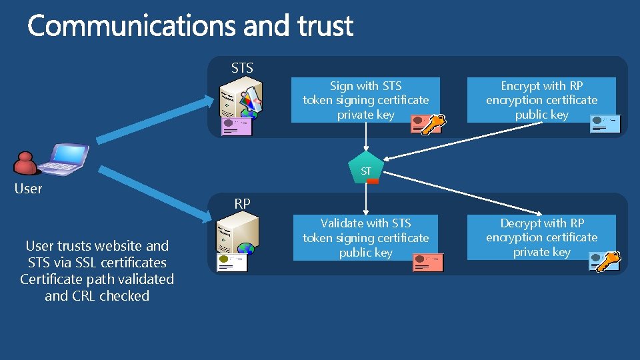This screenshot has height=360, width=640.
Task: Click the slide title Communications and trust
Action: tap(190, 27)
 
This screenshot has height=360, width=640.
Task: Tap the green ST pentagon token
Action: tap(366, 171)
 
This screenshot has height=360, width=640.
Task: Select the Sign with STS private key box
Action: tap(365, 100)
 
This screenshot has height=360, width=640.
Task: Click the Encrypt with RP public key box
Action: tap(541, 100)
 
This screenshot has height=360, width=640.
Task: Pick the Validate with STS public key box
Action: tap(365, 237)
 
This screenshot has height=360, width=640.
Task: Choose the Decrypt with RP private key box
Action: tap(541, 237)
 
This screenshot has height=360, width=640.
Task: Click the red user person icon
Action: tap(25, 163)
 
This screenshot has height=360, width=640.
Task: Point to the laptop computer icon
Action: tap(63, 159)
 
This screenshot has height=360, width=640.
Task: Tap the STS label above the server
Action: tap(242, 68)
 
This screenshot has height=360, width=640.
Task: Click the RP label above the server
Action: tap(242, 204)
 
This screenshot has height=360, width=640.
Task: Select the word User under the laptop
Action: tap(28, 189)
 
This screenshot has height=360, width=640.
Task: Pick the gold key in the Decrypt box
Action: tap(608, 261)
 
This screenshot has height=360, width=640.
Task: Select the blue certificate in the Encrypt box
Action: tap(605, 124)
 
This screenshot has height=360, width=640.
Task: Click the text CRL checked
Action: tap(97, 296)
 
